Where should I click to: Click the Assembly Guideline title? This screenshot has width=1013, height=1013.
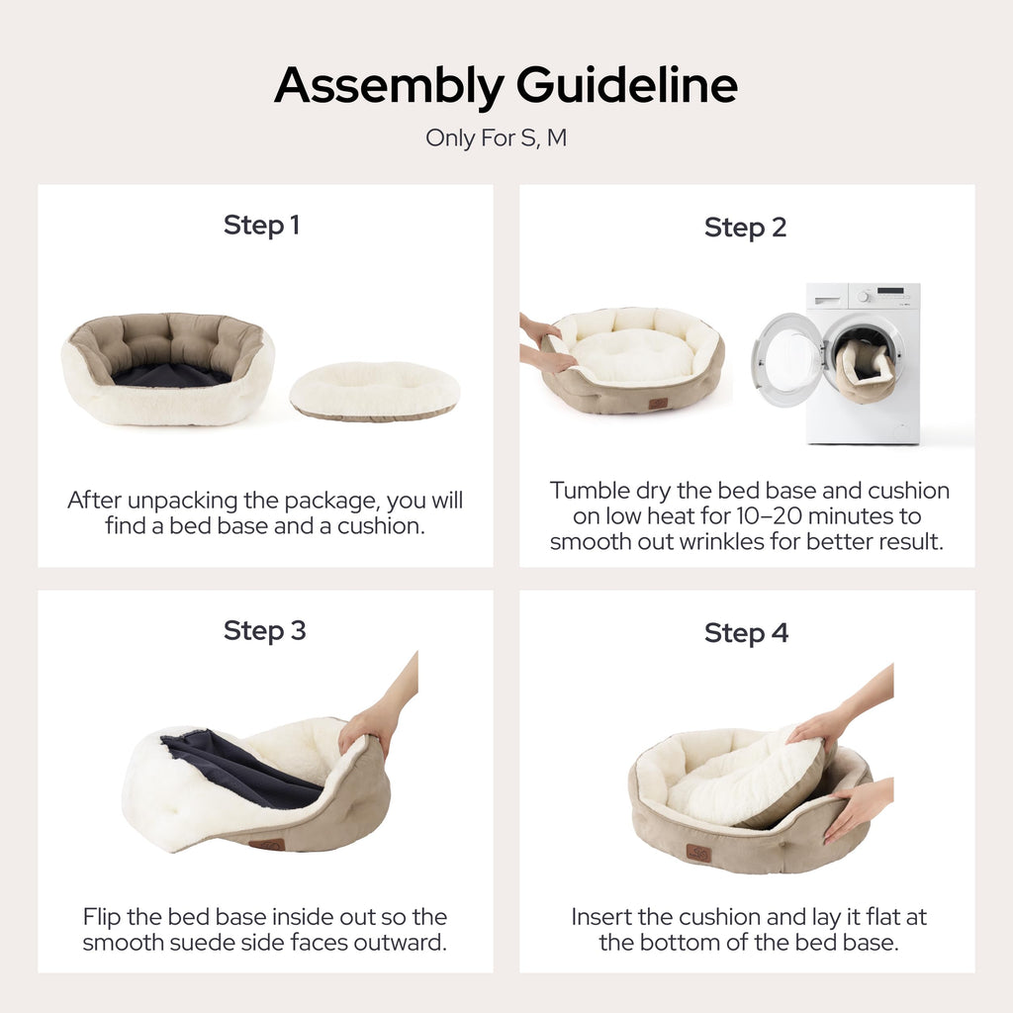pos(506,85)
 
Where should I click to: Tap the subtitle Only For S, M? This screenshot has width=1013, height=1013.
pos(496,138)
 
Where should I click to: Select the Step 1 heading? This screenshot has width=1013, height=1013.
pos(261,226)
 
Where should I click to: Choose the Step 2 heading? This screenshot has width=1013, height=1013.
pos(745,228)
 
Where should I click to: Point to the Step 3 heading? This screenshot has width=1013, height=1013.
pos(264,631)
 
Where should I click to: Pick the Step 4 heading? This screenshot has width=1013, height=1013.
pos(746,633)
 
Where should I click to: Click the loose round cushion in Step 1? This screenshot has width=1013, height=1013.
pos(375,392)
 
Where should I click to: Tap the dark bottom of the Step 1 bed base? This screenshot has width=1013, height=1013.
pos(171,375)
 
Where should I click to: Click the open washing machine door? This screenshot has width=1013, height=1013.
pos(784,359)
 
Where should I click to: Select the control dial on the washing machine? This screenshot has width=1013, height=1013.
pos(864,297)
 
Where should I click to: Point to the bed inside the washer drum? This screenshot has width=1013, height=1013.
pos(866,371)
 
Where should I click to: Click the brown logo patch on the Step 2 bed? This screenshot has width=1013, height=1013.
pos(658,404)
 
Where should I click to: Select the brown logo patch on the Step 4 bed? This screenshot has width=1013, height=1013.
pos(698,854)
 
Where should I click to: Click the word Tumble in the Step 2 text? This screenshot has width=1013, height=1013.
pos(590,491)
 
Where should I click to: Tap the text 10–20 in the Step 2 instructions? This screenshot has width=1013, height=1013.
pos(768,516)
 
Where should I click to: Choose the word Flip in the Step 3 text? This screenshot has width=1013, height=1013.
pos(102,917)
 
